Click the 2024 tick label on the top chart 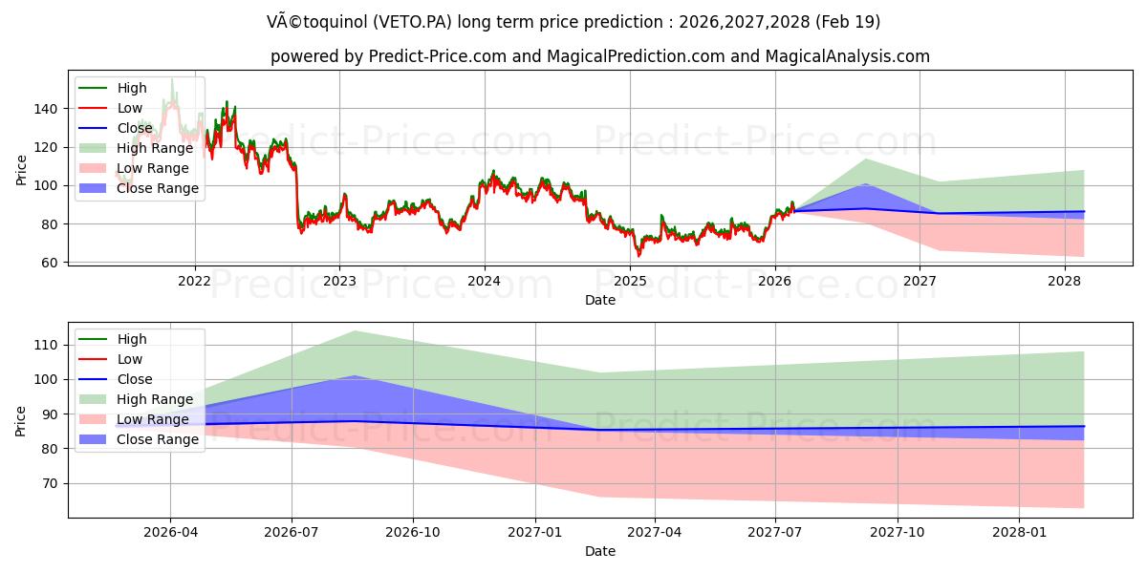(x=484, y=281)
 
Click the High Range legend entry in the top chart (x=154, y=148)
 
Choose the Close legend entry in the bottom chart (x=134, y=379)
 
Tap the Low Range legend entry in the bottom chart (x=152, y=419)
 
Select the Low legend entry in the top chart (x=129, y=108)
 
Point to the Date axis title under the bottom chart (x=600, y=552)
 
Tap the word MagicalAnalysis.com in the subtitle (x=849, y=56)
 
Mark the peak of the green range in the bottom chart (x=355, y=331)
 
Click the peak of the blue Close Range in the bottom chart (x=355, y=376)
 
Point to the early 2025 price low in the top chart (x=638, y=256)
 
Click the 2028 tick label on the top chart (x=1065, y=281)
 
